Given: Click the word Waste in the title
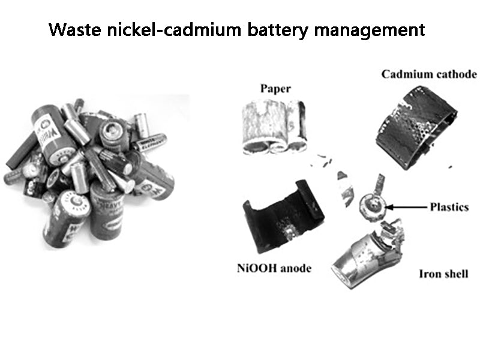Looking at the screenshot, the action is (74, 29).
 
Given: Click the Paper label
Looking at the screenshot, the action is (275, 89).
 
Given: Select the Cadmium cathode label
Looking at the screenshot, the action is (429, 74).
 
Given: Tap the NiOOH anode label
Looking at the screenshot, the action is (274, 268).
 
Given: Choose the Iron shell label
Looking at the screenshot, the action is (443, 274).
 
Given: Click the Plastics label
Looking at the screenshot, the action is (449, 207).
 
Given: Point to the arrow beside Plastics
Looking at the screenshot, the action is (406, 207).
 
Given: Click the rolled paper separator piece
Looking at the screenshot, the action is (274, 127).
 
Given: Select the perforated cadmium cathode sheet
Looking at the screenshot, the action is (416, 127).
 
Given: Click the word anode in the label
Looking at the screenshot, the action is (296, 268).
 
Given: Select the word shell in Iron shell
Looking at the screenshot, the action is (455, 274).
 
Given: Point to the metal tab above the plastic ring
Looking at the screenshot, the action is (380, 184).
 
